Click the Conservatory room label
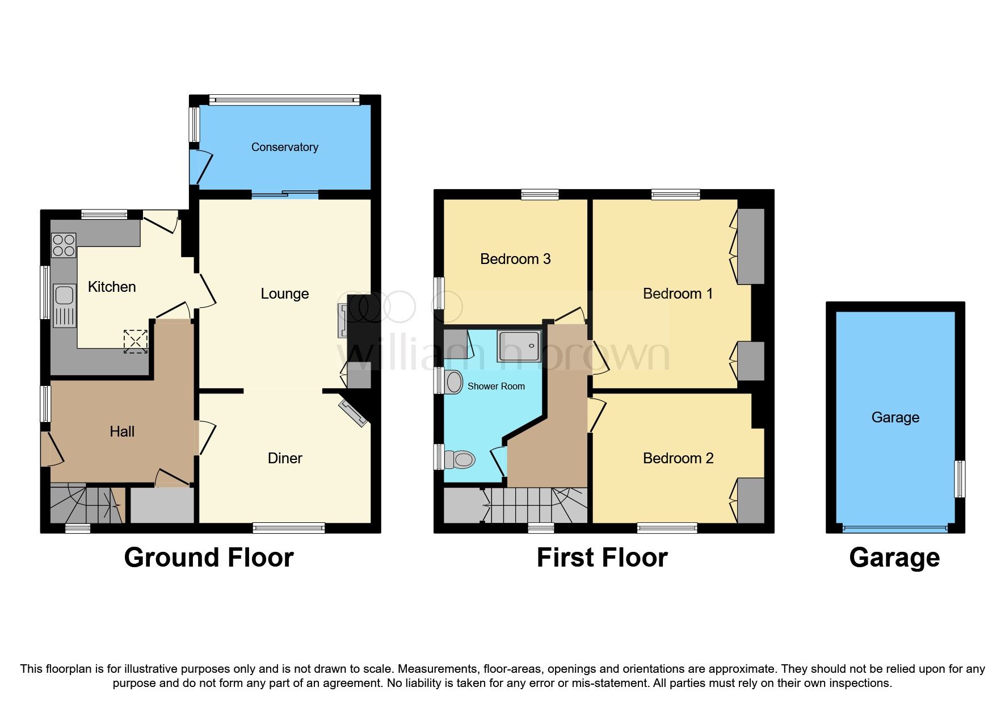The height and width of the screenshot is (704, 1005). point(284,147)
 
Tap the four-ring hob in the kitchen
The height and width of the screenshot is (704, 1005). point(64,245)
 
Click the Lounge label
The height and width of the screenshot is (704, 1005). point(284,294)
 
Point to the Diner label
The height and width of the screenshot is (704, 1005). point(285,458)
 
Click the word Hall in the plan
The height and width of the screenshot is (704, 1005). point(122,431)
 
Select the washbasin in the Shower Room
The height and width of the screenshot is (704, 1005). point(454,382)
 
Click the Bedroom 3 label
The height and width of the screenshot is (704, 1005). point(515,259)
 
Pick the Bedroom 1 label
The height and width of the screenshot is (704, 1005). point(678,294)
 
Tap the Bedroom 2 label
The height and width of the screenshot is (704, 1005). point(678,458)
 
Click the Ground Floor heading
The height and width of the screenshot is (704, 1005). point(209,558)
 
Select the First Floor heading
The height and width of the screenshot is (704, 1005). point(602,558)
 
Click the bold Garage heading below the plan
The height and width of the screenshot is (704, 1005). point(894,558)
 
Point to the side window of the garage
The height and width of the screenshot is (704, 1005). point(960,479)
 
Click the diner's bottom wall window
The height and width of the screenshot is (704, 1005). point(289,528)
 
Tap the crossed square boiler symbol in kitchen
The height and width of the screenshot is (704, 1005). point(136,341)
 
